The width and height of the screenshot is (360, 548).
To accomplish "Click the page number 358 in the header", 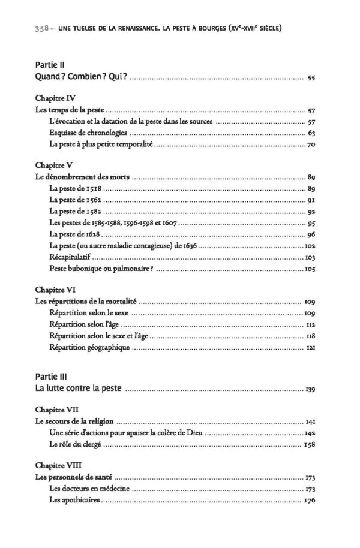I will coord(27,28).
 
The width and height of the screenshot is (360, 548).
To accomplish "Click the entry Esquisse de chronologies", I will coord(87,133).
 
